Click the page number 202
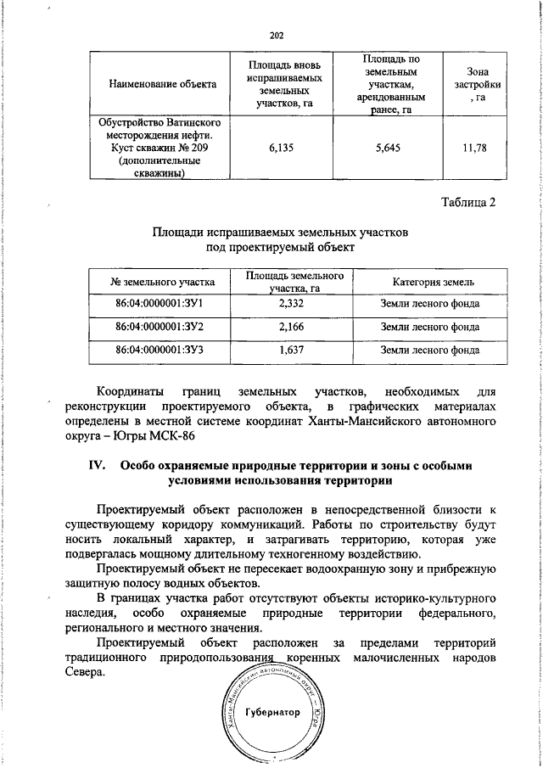[275, 35]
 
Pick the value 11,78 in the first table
[478, 148]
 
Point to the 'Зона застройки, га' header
[478, 84]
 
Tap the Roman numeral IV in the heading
[96, 466]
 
